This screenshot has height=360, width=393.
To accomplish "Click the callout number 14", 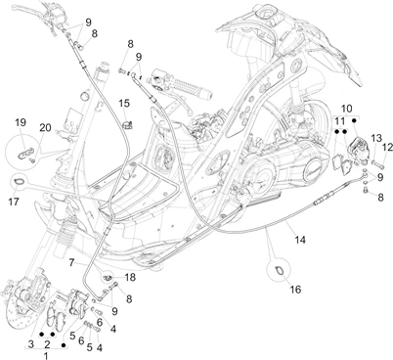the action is coord(300,240).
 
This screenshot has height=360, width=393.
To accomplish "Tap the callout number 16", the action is coord(295,290).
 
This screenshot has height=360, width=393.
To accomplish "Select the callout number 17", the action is coord(14,202).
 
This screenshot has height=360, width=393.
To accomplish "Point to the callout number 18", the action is coord(130,278).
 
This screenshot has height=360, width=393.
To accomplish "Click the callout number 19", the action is coord(21,122).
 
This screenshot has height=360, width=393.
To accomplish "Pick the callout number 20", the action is coord(45,128).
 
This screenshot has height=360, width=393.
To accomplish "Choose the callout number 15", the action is coord(124,103).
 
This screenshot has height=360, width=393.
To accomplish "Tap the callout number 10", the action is coord(347,109).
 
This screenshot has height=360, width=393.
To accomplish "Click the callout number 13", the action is coord(376,138).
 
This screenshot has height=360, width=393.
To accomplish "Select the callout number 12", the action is coord(388,148).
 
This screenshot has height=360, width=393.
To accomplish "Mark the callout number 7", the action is coord(72,261).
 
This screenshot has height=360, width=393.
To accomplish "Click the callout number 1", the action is coord(46,355).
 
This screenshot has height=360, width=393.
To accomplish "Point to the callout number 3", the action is coord(30,344).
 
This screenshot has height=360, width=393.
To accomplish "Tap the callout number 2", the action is coord(47,344).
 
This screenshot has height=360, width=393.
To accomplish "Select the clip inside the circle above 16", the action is coord(280,270).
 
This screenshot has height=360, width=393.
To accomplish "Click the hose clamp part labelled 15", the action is coord(127,124).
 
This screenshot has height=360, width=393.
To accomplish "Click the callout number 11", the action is coord(340,122).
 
